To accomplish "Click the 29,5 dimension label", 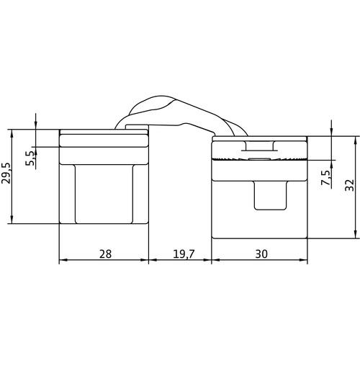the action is [x=6, y=174].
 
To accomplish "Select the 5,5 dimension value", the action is [x=30, y=158].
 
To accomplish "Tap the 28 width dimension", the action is [x=105, y=254].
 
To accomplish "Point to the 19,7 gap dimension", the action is [x=184, y=254].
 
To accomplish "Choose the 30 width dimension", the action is [x=261, y=254].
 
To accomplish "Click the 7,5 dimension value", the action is [x=325, y=178].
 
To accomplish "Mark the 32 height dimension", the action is [x=349, y=185].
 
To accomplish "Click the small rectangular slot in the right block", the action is [x=271, y=195].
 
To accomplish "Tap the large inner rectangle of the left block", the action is [x=104, y=194].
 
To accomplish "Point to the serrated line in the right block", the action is [x=259, y=159].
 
